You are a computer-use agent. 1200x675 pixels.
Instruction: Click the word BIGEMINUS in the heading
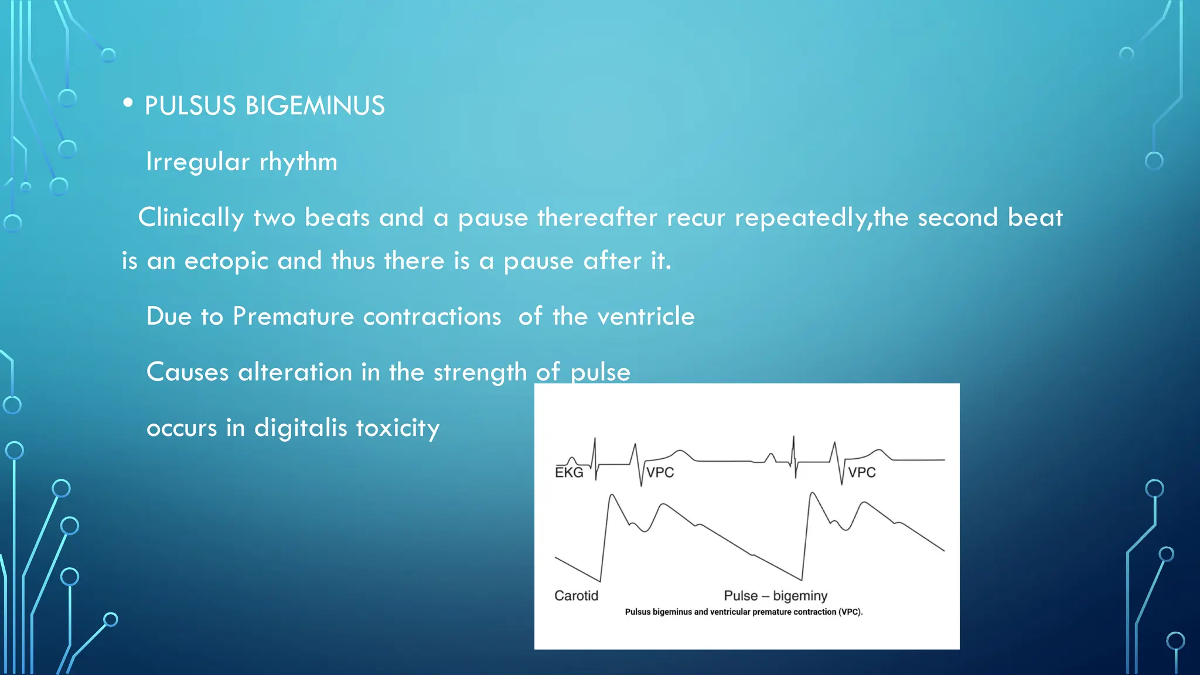tap(315, 106)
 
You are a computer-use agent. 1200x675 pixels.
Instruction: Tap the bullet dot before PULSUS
tap(128, 104)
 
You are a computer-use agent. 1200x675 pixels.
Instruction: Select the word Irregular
tap(197, 162)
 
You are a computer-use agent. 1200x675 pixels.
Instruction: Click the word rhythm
tap(298, 162)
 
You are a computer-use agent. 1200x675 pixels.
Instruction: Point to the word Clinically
tap(190, 218)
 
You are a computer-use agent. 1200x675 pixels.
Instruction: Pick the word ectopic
tap(226, 261)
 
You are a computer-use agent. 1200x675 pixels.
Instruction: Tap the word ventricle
tap(646, 316)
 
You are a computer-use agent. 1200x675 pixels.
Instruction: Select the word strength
tap(480, 373)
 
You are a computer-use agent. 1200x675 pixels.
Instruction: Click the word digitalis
tap(301, 428)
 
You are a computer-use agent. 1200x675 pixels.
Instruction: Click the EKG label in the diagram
tap(569, 472)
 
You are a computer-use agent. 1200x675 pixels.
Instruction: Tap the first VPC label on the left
tap(660, 472)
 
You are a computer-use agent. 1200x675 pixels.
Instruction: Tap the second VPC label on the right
tap(862, 472)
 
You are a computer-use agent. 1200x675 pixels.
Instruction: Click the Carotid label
tap(576, 596)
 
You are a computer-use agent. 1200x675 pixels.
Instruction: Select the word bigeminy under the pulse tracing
tap(800, 596)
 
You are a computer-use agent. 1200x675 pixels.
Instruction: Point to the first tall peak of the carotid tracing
tap(612, 496)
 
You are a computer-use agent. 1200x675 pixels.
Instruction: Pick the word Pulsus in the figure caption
tap(637, 612)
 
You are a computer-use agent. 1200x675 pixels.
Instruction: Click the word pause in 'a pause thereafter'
tap(493, 218)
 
